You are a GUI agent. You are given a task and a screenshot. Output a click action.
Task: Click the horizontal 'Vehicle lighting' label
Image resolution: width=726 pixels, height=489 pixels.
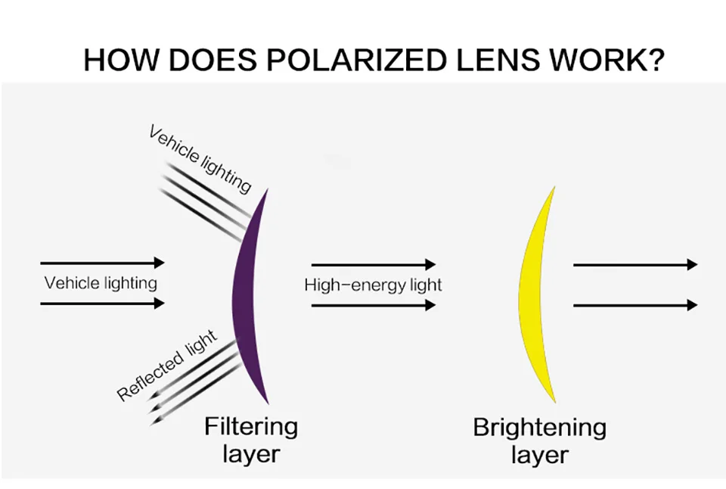pos(101,283)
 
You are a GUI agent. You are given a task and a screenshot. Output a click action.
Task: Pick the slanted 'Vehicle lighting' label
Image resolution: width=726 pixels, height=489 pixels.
pos(200,159)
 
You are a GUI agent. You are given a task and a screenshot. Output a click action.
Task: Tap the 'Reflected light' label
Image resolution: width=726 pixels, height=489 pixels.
pos(167,366)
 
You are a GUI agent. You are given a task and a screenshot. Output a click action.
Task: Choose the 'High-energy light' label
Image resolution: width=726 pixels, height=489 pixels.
pos(373,285)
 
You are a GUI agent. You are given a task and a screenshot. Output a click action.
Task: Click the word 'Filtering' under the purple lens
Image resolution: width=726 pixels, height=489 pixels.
pos(251,427)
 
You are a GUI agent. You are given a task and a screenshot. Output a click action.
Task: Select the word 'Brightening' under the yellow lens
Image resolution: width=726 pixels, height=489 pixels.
pos(539,428)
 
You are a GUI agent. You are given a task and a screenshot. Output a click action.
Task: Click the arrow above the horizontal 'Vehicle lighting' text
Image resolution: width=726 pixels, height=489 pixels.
pos(102,263)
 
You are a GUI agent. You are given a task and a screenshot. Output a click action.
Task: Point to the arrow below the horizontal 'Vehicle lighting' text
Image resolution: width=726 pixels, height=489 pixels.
pos(102,304)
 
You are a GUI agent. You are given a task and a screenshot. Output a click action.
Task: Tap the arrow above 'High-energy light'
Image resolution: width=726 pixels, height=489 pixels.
pos(374,265)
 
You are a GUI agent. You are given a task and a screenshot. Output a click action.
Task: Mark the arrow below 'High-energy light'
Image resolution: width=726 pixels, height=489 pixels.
pos(374,306)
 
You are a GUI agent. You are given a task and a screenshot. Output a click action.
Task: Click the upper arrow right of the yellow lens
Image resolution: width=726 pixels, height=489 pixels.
pos(635,265)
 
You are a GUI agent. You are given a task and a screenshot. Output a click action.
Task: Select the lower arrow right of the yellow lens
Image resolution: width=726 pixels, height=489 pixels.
pos(635,305)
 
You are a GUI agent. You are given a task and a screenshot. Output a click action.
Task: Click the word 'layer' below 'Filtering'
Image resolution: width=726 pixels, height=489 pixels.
pos(251,454)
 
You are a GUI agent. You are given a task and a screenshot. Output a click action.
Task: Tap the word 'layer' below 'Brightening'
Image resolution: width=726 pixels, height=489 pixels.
pos(539,456)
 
